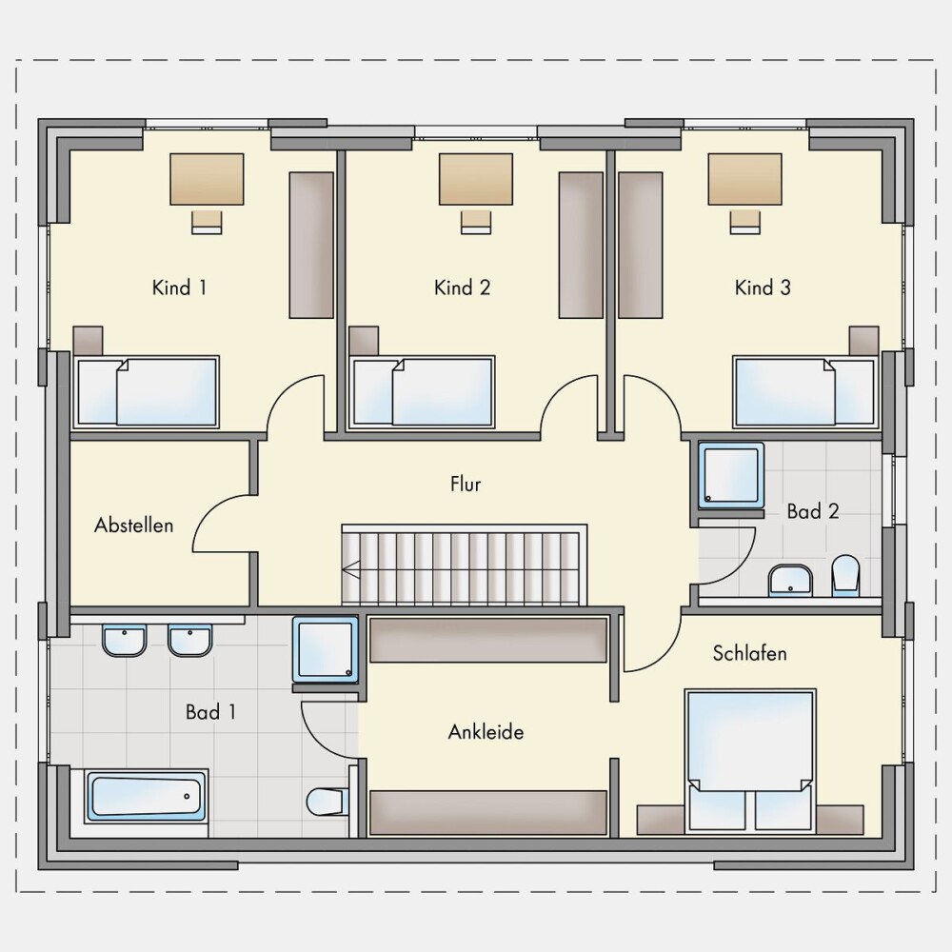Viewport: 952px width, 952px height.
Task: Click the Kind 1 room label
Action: coord(179,288)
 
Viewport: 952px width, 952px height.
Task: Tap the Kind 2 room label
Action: coord(462,288)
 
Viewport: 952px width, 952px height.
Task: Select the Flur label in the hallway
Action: coord(466,484)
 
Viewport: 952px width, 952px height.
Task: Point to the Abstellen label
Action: coord(133,526)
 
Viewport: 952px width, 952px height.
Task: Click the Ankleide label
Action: coord(486,731)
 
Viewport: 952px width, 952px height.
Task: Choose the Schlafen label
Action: coord(750,653)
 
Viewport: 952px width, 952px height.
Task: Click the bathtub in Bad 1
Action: coord(147,796)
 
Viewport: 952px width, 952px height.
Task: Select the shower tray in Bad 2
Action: coord(731,475)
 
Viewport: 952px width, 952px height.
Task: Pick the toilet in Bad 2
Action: coord(845,575)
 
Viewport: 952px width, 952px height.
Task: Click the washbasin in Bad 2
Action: coord(790,581)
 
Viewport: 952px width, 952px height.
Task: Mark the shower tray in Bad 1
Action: coord(326,649)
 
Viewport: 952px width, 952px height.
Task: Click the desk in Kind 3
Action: coord(745,179)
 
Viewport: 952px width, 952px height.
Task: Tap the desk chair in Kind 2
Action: coord(476,222)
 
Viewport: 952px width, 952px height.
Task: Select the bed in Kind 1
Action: coord(146,391)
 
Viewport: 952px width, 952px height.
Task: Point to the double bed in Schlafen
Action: coord(750,762)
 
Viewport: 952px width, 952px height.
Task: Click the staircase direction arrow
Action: coord(351,570)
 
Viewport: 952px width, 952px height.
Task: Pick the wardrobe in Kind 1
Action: coord(311,246)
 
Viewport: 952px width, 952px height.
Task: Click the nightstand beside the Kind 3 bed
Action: coord(864,341)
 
